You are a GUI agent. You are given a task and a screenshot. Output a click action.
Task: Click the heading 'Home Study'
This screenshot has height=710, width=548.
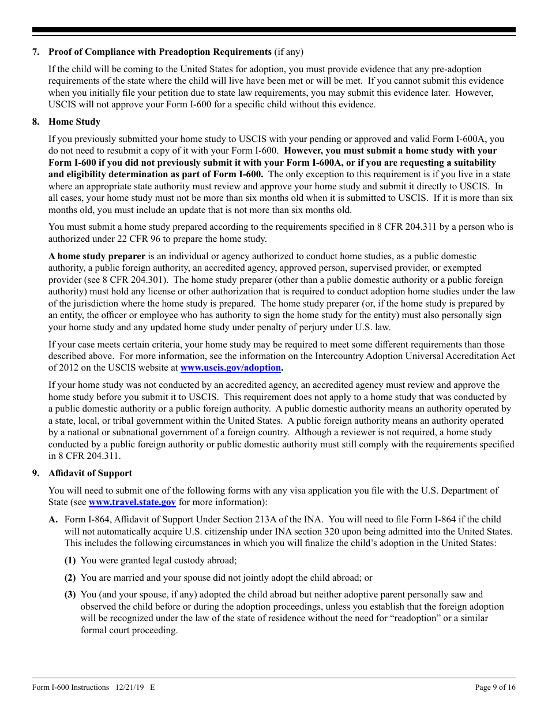[x=74, y=122]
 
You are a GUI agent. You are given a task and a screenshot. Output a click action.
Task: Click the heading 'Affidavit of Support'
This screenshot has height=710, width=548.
[x=90, y=473]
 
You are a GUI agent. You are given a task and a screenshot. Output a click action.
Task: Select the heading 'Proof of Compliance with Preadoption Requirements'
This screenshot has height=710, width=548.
[x=160, y=52]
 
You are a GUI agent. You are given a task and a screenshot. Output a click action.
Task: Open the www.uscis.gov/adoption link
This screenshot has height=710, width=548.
[x=230, y=368]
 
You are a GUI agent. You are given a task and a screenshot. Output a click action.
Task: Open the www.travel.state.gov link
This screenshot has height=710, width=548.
[x=132, y=502]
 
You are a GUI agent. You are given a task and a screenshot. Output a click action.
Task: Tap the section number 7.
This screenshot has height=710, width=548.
[x=36, y=52]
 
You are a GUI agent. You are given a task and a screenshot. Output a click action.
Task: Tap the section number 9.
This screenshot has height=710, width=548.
[x=36, y=473]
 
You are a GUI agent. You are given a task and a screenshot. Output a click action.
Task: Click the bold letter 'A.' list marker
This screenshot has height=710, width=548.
[x=53, y=520]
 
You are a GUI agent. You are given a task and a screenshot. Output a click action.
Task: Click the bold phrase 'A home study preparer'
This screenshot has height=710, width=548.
[x=97, y=256]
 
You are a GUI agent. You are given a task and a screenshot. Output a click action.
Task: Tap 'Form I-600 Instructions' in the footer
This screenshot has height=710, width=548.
[x=70, y=687]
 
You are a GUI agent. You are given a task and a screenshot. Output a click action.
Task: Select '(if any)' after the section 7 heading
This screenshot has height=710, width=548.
[x=288, y=52]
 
